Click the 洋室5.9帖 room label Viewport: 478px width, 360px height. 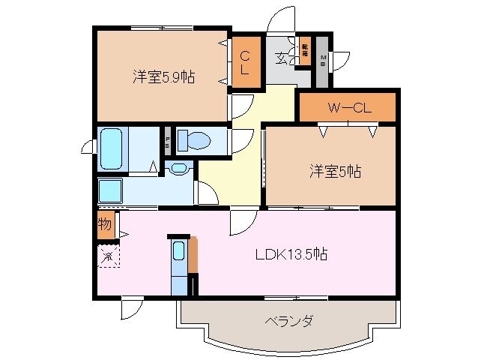point(163,76)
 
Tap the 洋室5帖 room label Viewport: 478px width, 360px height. point(335,172)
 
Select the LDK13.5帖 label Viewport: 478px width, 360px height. point(290,253)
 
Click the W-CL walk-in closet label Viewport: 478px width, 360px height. point(348,108)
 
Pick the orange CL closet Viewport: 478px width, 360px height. point(245,61)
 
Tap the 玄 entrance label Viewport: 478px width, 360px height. point(279,58)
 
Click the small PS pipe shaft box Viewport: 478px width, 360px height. point(167,140)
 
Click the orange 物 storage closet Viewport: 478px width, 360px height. point(106,224)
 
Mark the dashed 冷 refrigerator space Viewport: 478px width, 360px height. point(107,257)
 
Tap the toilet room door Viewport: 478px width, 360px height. point(242,139)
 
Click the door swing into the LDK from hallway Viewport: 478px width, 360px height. point(243,220)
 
